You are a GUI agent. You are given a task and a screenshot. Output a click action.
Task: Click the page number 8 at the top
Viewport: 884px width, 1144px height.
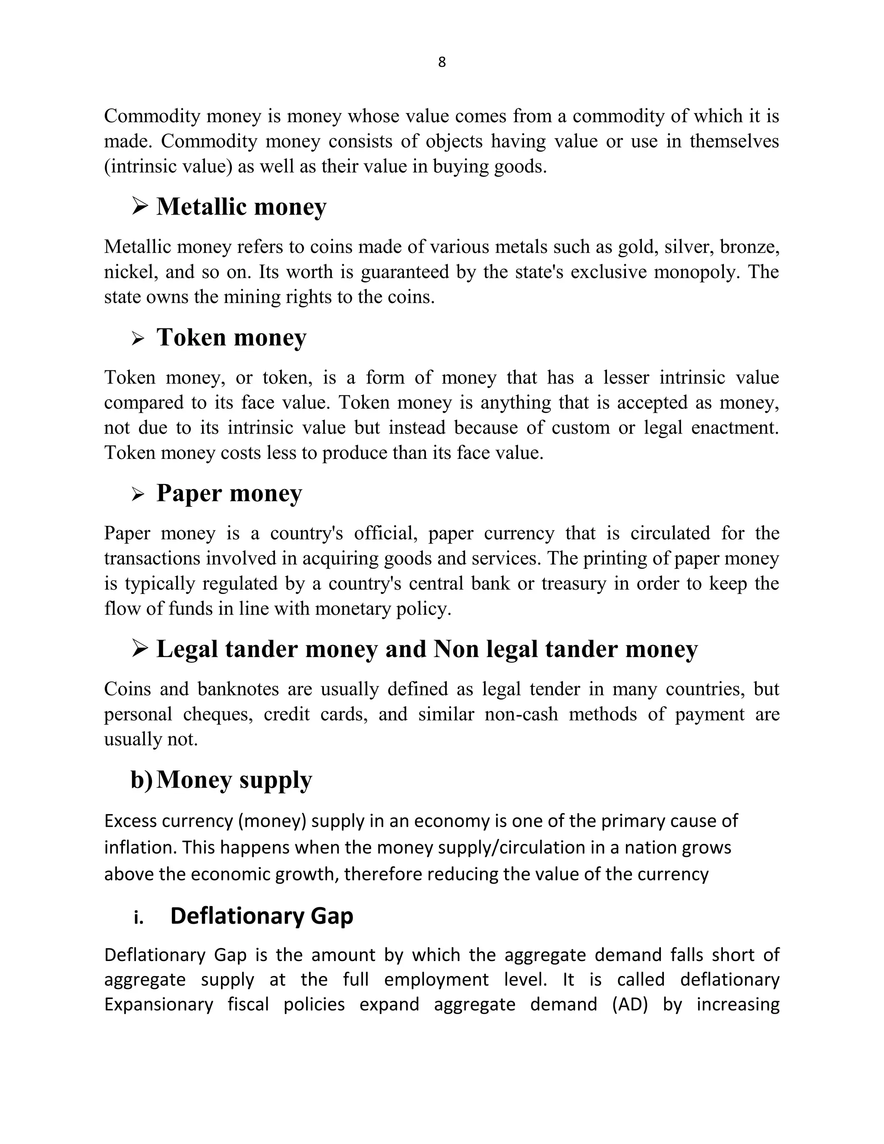[x=442, y=62]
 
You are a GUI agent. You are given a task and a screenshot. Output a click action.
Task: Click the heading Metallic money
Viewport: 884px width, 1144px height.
[x=241, y=206]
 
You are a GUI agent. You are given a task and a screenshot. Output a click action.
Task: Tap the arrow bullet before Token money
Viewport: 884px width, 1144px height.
[x=138, y=338]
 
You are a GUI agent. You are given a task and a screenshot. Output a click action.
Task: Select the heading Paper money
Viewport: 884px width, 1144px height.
[x=229, y=493]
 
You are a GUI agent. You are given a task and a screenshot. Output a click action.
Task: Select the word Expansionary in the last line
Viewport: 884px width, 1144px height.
[x=159, y=1005]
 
